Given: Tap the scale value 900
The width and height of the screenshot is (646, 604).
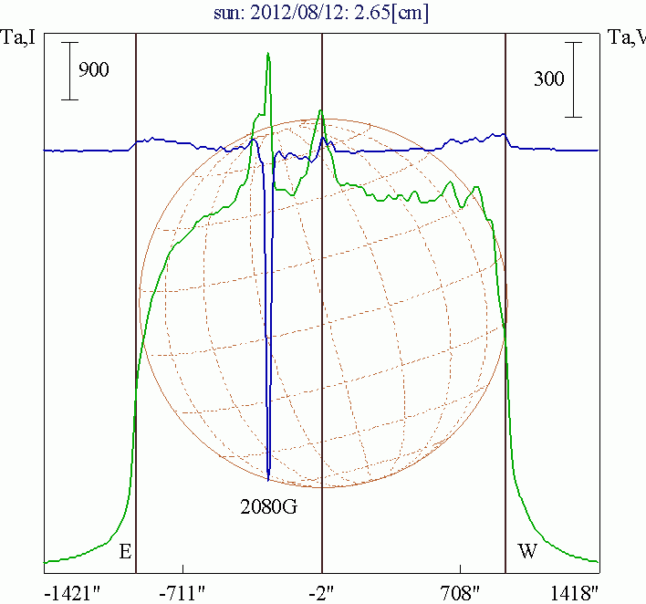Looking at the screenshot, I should pos(93,70).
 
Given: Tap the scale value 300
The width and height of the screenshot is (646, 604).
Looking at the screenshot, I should pos(548,79).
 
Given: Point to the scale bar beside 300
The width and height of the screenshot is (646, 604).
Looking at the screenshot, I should pos(573,79).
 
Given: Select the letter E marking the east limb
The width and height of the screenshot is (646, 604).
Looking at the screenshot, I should pos(125,552).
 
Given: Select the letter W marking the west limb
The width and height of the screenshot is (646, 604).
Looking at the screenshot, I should pos(526,552).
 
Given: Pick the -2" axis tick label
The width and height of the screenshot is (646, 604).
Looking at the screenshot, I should pos(321,592).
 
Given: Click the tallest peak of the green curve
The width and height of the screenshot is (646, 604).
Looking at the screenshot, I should pos(268,54).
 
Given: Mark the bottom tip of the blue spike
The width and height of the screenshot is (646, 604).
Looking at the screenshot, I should pos(268,478).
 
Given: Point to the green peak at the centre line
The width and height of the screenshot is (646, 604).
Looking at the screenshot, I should pos(321,111).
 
